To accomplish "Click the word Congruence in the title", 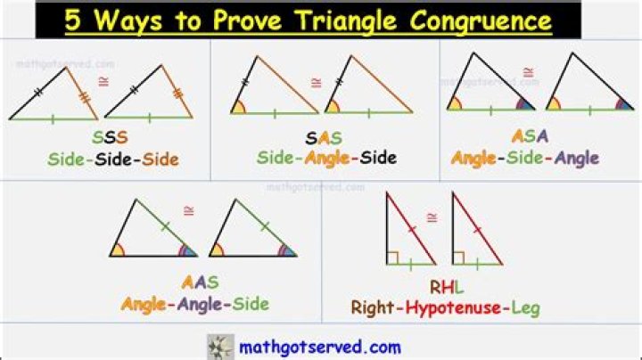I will pyautogui.click(x=476, y=20).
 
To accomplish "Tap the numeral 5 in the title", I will pyautogui.click(x=74, y=20).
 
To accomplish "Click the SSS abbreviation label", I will pyautogui.click(x=111, y=138).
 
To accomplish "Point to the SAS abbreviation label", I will pyautogui.click(x=325, y=137).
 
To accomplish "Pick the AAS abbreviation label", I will pyautogui.click(x=200, y=282).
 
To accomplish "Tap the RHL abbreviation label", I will pyautogui.click(x=447, y=287).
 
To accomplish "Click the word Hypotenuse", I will pyautogui.click(x=452, y=309).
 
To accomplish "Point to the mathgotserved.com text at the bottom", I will pyautogui.click(x=319, y=347).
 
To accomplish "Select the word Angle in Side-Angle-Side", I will pyautogui.click(x=327, y=159).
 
